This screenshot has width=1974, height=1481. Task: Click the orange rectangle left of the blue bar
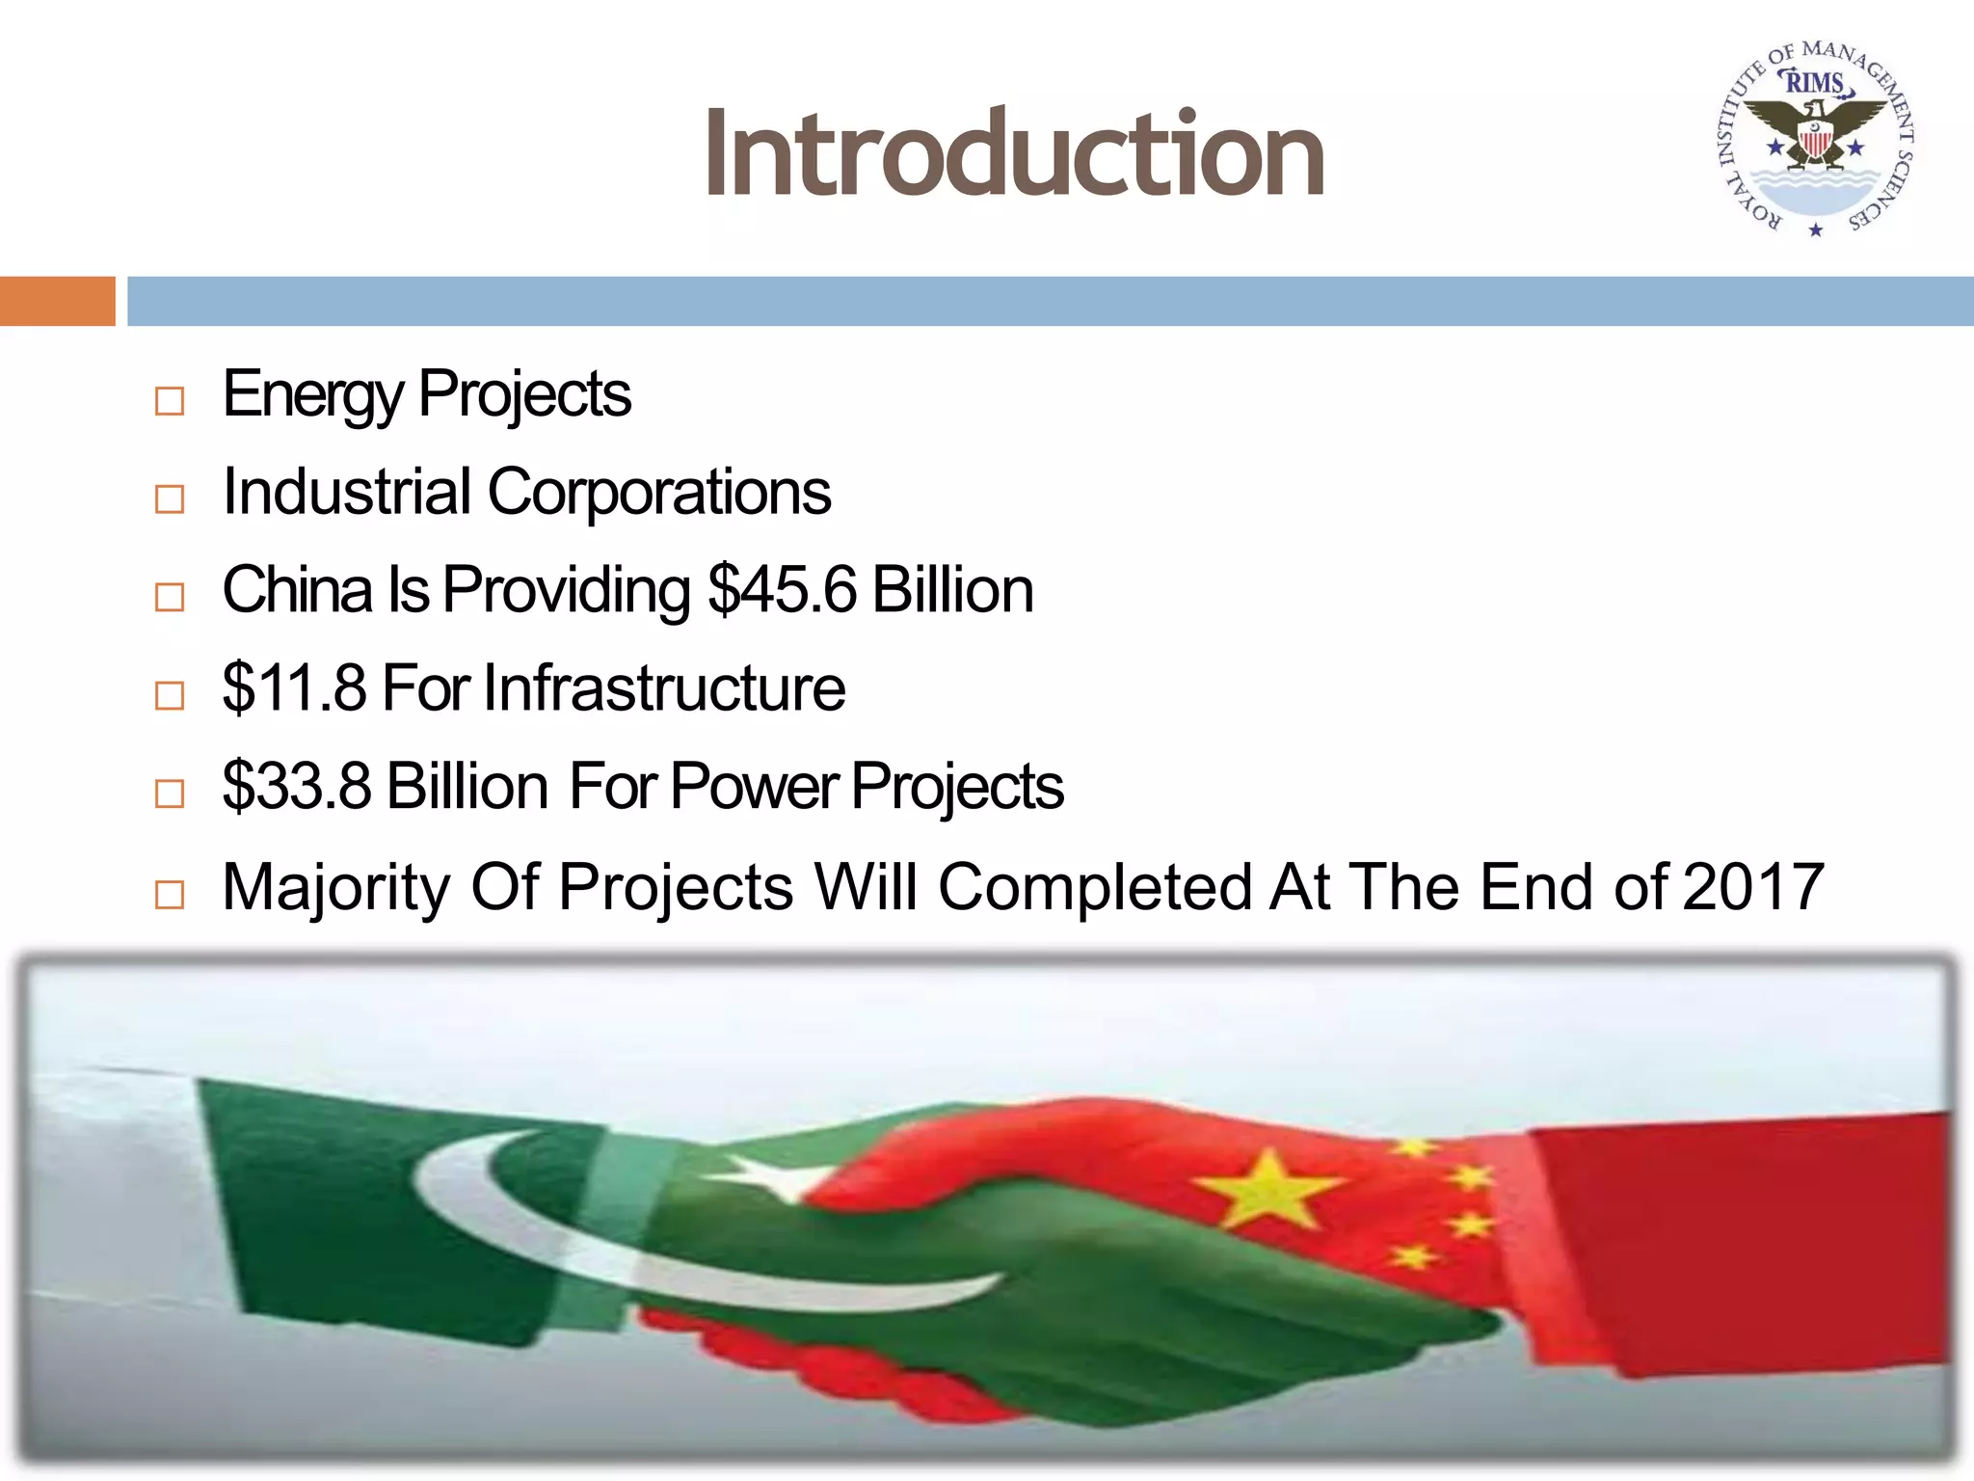click(x=57, y=301)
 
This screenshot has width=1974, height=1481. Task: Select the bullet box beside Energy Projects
click(x=170, y=400)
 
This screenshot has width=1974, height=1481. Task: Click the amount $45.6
click(x=782, y=590)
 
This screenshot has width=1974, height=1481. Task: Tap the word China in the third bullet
click(x=297, y=590)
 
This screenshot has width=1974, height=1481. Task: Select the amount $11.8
click(x=294, y=688)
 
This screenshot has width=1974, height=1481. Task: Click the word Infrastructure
click(x=664, y=688)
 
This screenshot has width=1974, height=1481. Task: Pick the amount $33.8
click(x=296, y=787)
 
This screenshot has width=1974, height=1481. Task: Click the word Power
click(x=754, y=787)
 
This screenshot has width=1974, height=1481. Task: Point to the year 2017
click(x=1752, y=887)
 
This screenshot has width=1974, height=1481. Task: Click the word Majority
click(x=335, y=887)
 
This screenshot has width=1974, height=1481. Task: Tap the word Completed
click(x=1095, y=887)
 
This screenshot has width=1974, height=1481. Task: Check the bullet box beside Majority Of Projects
click(x=170, y=894)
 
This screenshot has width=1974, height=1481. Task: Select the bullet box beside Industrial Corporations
click(x=170, y=498)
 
